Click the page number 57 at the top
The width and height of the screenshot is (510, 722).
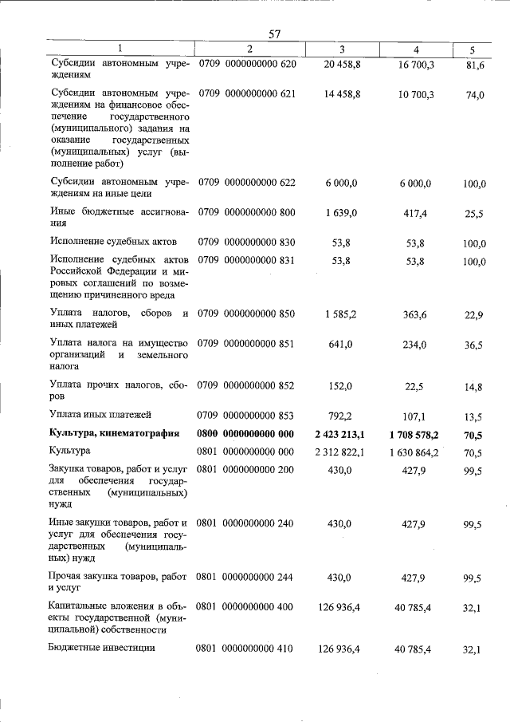click(275, 34)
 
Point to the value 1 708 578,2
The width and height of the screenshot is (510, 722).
click(422, 433)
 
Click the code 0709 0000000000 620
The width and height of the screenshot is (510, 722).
click(246, 62)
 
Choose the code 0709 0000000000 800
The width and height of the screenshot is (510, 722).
click(246, 212)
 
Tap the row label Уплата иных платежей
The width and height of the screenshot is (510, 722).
click(100, 415)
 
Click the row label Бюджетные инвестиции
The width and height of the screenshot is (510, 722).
click(101, 649)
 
